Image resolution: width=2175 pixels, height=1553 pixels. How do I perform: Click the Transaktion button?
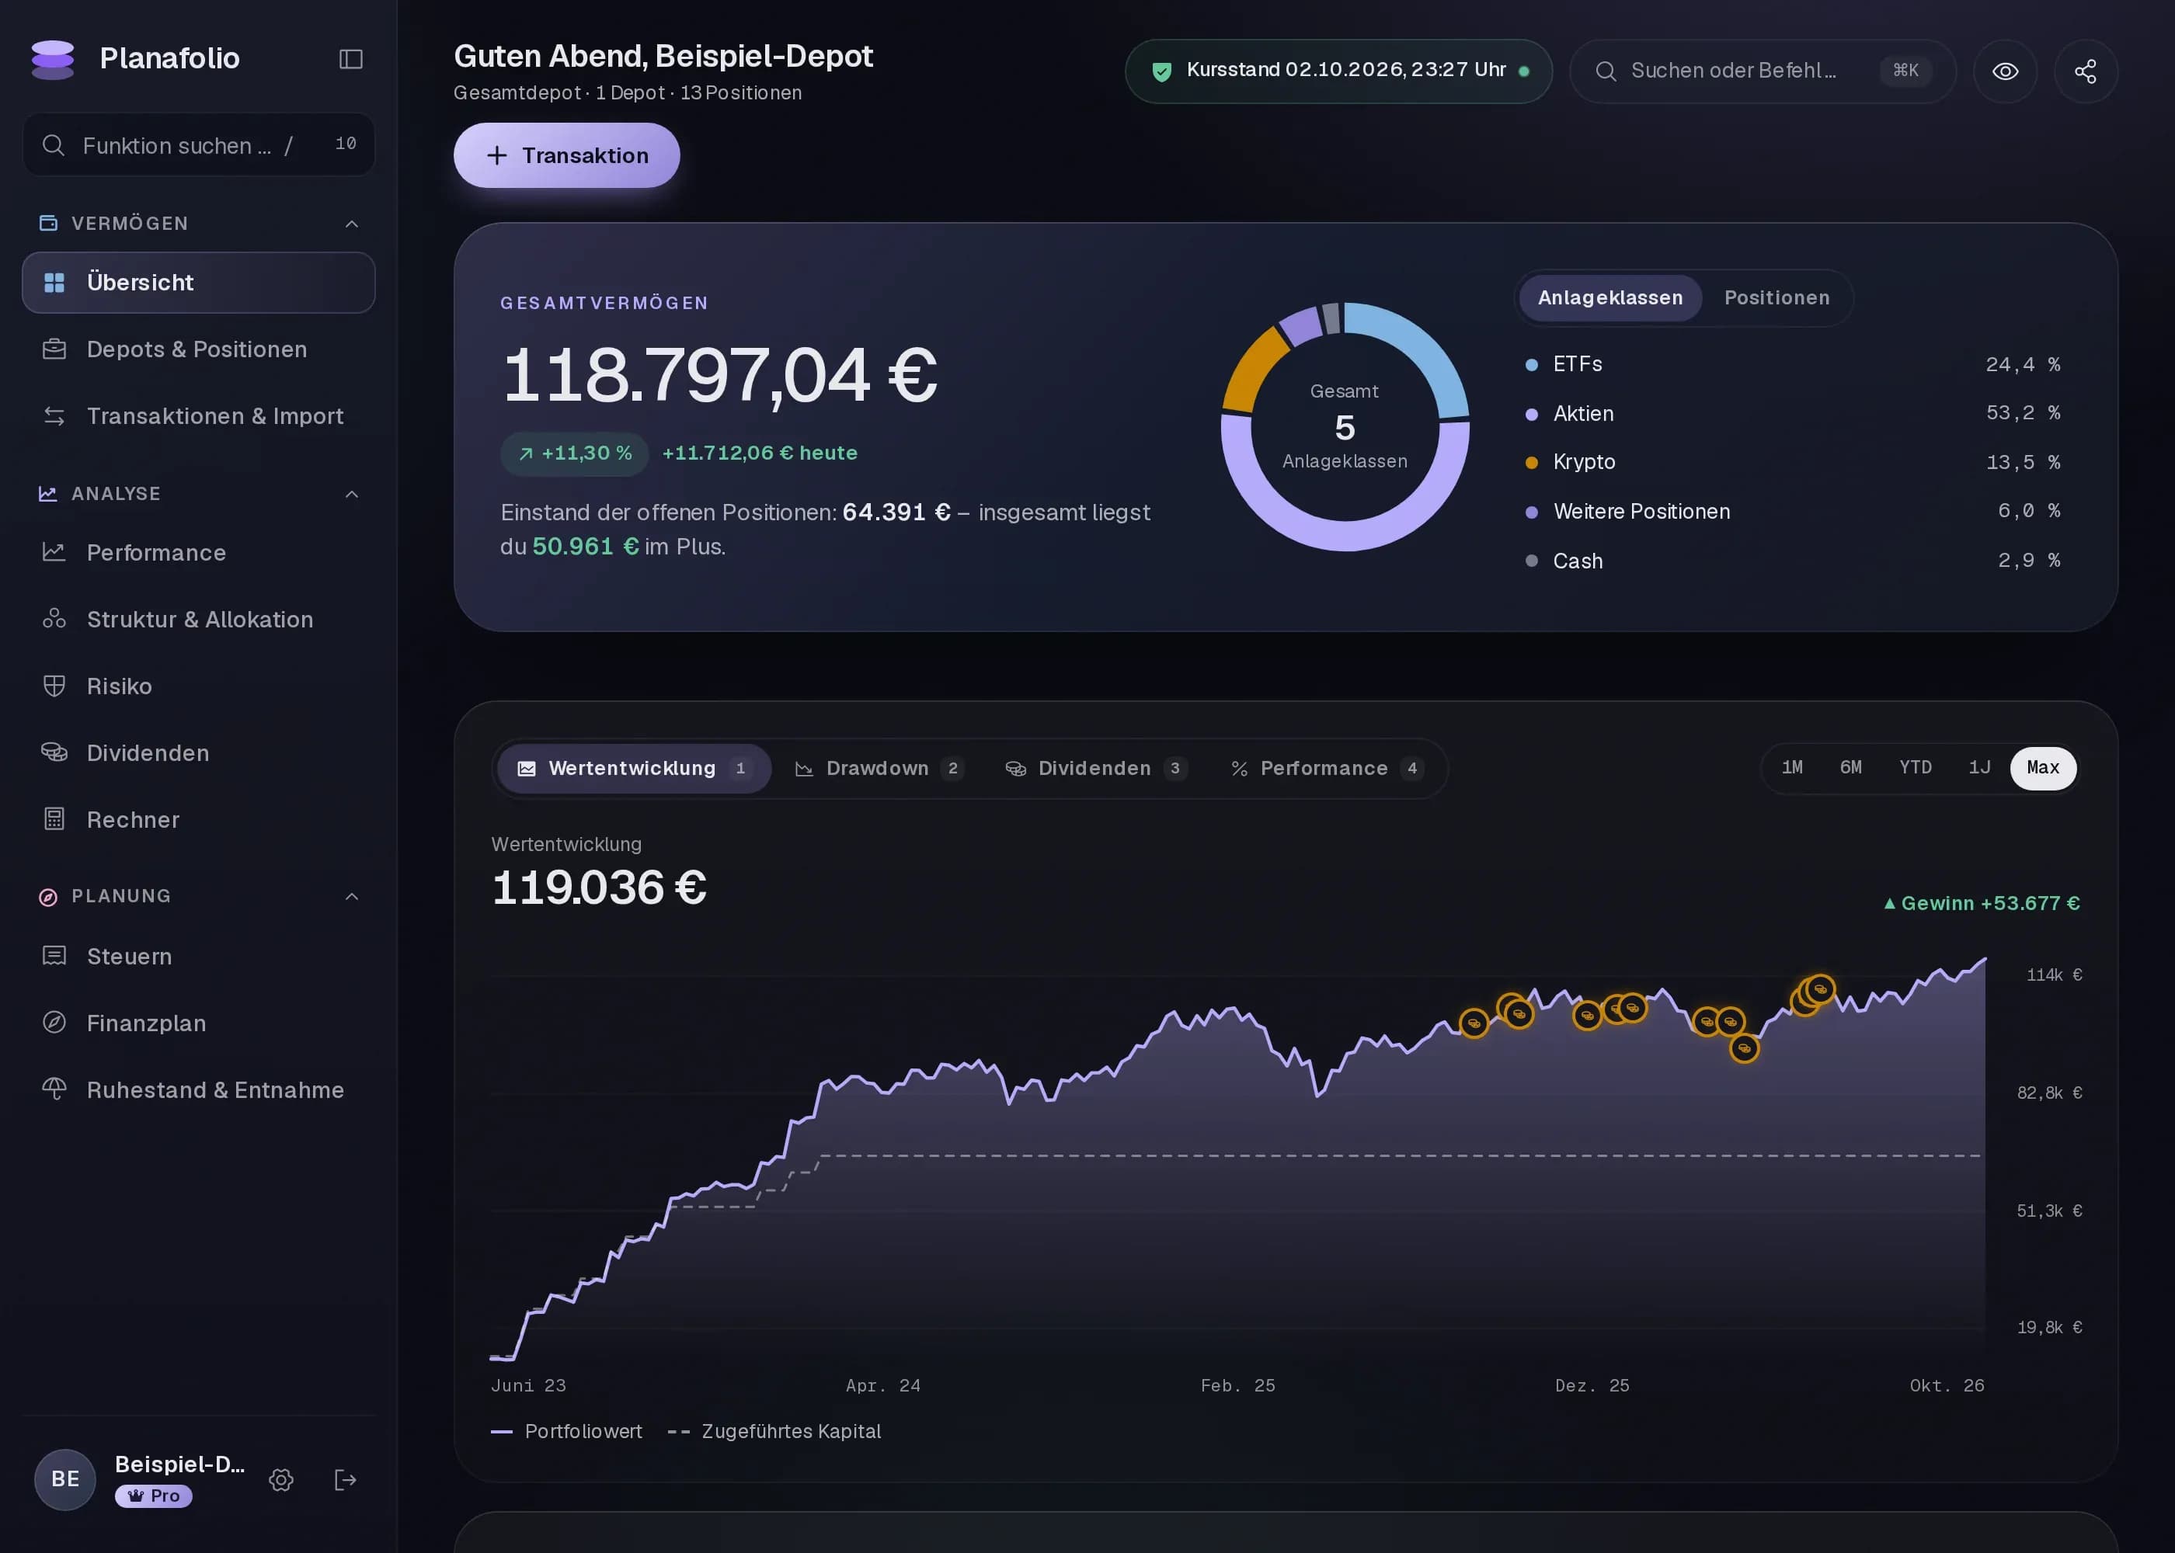click(x=566, y=155)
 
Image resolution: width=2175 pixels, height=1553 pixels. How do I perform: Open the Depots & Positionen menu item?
click(x=198, y=349)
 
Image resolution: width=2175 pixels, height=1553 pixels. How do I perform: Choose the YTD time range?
click(x=1915, y=768)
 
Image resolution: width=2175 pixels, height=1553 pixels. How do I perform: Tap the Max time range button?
click(x=2043, y=768)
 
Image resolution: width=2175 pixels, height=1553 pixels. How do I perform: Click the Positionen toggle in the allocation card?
click(x=1777, y=297)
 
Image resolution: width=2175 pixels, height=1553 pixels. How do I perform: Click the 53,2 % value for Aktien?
click(x=2022, y=413)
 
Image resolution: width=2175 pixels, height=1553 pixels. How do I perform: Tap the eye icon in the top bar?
click(x=2005, y=71)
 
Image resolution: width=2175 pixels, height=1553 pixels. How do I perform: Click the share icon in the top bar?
click(x=2085, y=71)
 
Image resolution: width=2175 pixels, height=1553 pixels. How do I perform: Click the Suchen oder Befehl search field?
click(x=1763, y=71)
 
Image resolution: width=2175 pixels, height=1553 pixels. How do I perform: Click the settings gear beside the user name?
click(x=281, y=1480)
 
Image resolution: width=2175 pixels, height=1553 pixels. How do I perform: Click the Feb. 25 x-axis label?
click(x=1237, y=1385)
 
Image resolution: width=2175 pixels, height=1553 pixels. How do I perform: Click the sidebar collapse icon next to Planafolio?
click(x=351, y=59)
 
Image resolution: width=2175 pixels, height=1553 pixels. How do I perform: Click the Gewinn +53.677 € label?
click(x=1981, y=904)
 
